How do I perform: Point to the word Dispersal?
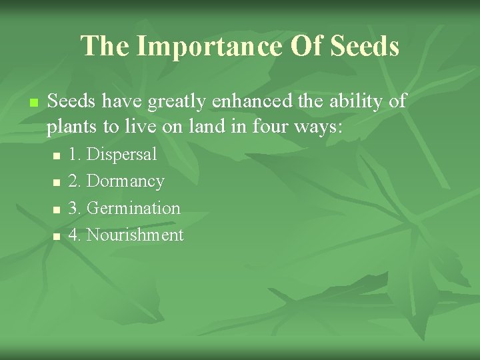(x=122, y=155)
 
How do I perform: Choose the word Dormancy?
(x=125, y=181)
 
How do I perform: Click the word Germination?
(x=133, y=208)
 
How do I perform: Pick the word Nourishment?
(x=135, y=235)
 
